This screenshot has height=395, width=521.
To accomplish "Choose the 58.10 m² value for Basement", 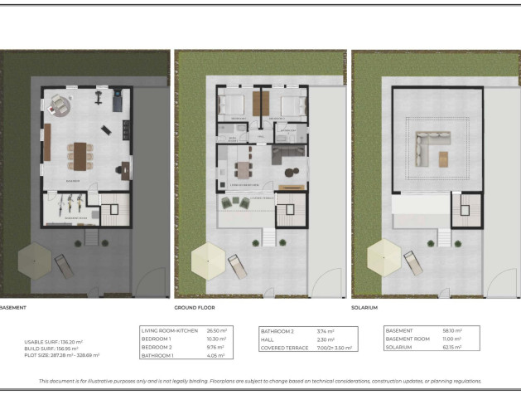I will point(447,330).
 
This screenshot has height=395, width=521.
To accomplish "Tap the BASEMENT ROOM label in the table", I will point(409,339).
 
